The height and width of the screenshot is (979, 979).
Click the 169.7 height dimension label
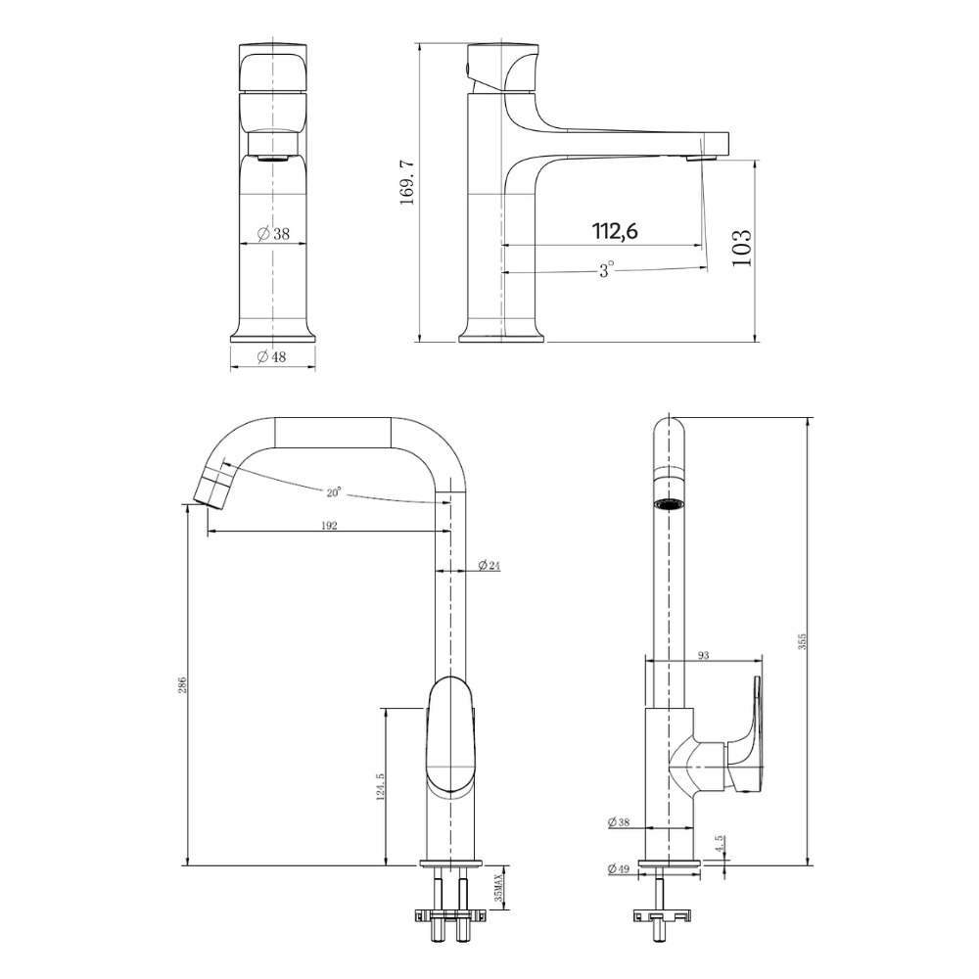tap(407, 182)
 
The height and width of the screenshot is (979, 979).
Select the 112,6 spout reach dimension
tap(615, 232)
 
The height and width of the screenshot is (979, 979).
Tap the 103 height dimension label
tap(742, 249)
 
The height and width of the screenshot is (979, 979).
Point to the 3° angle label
tap(606, 270)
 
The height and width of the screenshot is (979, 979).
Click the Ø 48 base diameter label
tap(271, 356)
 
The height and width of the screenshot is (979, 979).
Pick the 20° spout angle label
tap(334, 492)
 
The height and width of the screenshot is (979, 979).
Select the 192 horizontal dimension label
tap(329, 525)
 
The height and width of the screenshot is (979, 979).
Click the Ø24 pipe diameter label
tap(489, 566)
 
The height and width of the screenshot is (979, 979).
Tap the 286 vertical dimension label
tap(182, 685)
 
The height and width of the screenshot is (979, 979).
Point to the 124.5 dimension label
tap(380, 786)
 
